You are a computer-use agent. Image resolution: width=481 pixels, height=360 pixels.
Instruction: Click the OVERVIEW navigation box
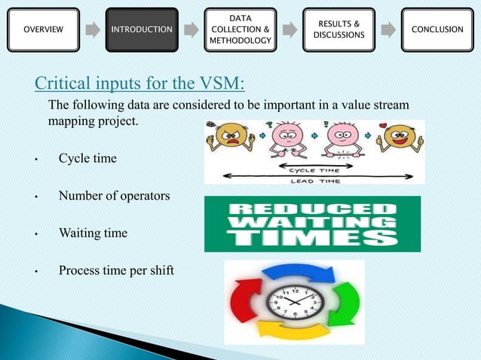tap(44, 29)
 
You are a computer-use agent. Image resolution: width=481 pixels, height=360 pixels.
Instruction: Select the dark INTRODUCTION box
tap(142, 29)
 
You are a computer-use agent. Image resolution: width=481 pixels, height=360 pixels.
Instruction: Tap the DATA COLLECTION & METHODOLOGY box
tap(240, 29)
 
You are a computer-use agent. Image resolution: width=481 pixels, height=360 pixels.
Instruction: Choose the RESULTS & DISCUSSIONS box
tap(339, 29)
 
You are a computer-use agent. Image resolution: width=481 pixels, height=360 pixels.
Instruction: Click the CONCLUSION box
tap(437, 29)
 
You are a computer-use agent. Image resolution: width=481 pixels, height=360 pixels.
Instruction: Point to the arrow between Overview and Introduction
tap(93, 30)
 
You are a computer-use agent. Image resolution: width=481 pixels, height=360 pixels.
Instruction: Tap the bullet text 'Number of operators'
tap(114, 196)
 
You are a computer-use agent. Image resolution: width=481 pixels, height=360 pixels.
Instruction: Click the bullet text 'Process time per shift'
tap(116, 270)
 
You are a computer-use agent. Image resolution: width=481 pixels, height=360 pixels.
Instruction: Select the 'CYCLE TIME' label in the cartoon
tap(314, 169)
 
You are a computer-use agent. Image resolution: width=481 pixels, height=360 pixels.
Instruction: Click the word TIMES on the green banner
tap(313, 239)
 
